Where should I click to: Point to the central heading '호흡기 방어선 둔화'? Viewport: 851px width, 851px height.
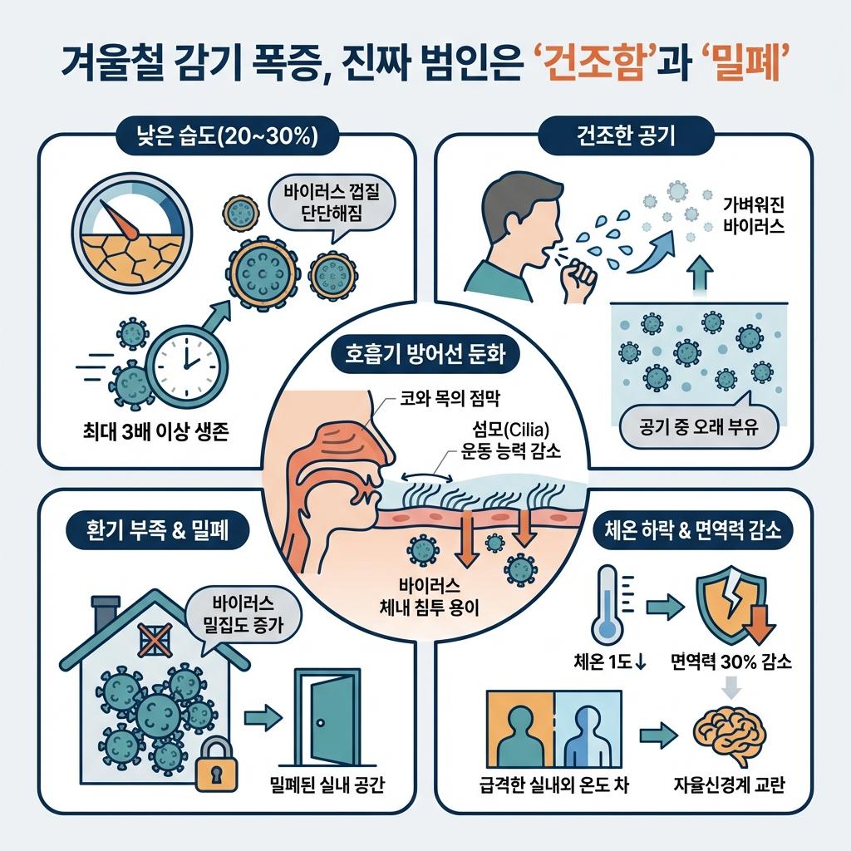pyautogui.click(x=425, y=354)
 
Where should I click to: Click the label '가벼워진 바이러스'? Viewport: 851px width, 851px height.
pyautogui.click(x=754, y=214)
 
